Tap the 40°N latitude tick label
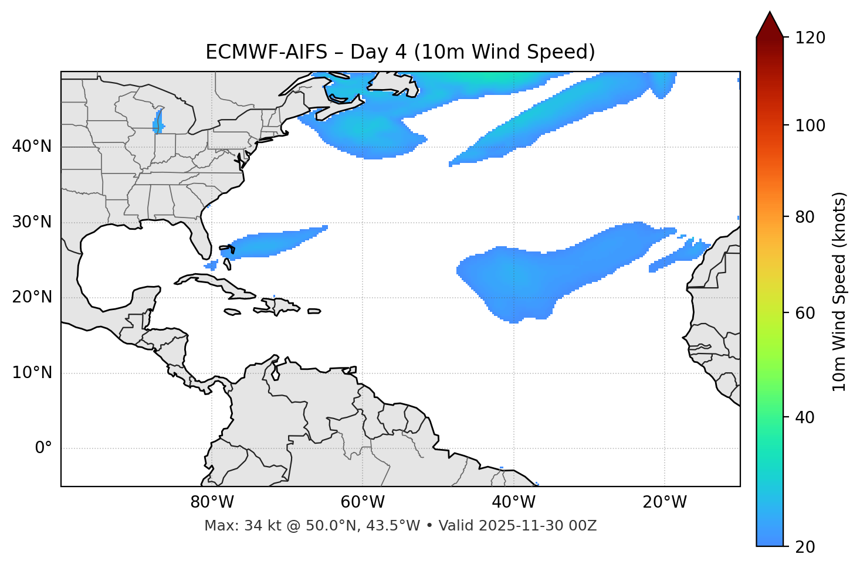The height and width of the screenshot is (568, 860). [x=32, y=147]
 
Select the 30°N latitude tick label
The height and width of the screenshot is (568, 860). [x=32, y=222]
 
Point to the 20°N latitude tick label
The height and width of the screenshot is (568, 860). [x=32, y=297]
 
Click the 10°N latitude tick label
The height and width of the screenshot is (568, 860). [x=32, y=373]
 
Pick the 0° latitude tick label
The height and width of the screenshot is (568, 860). [x=43, y=448]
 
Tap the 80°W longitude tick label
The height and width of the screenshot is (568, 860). [x=212, y=502]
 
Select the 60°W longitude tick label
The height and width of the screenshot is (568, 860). [x=363, y=502]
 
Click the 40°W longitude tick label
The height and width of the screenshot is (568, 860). [x=513, y=502]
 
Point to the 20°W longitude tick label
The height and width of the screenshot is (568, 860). [x=665, y=502]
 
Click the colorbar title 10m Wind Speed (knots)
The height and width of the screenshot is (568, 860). [x=839, y=292]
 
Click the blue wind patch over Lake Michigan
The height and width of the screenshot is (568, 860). [x=157, y=123]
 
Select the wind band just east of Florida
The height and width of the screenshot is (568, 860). [x=276, y=242]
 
